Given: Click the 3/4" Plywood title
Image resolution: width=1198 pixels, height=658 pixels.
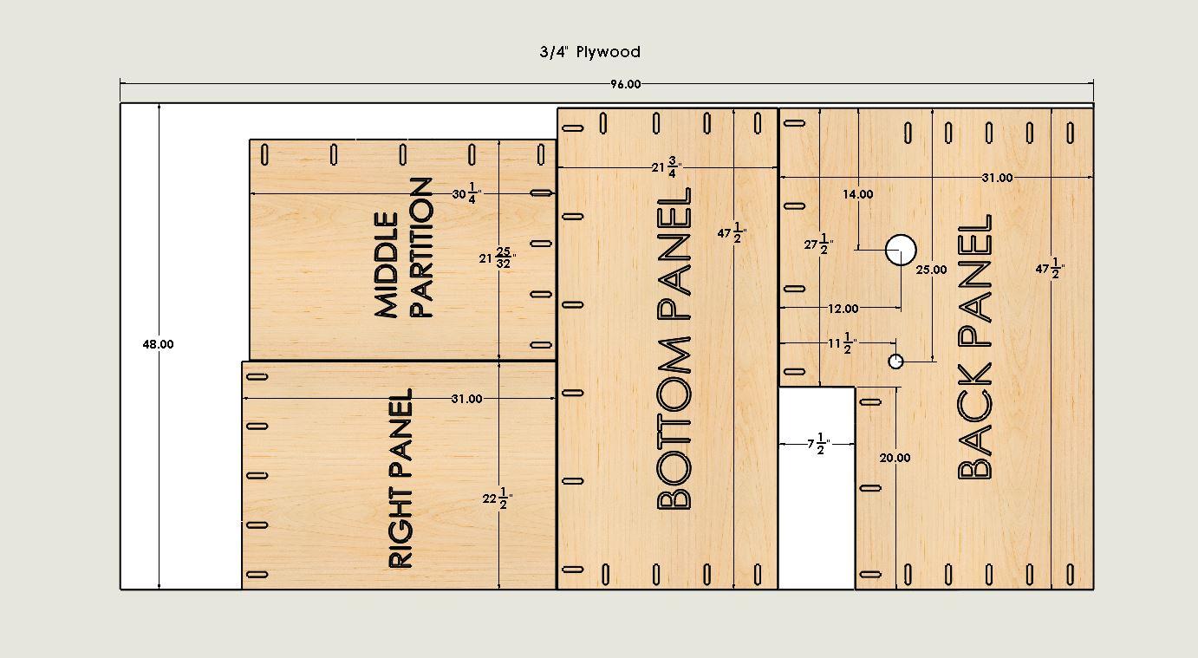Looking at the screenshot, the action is [590, 52].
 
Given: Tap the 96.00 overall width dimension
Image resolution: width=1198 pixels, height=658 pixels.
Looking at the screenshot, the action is [626, 84].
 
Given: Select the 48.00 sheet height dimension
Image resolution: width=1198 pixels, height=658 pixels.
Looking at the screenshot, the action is [159, 344].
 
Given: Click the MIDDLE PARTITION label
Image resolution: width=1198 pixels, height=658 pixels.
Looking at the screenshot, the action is [403, 248].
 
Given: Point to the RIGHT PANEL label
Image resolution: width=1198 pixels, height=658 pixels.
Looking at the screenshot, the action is [400, 479].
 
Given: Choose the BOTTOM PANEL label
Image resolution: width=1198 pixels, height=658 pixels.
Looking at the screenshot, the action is [674, 349].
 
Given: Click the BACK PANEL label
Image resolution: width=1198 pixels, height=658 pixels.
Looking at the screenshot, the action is [974, 347].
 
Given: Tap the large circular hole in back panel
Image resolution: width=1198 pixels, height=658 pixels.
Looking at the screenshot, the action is [901, 250].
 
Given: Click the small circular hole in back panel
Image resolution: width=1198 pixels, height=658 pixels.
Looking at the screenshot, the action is [895, 362].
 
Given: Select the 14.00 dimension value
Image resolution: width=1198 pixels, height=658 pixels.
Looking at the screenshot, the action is [858, 194].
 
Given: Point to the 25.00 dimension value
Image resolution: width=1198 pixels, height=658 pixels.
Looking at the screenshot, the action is [931, 270].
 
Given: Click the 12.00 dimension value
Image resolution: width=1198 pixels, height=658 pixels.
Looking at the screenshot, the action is [843, 309].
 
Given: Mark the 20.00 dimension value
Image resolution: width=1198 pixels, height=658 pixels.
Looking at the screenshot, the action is [895, 458].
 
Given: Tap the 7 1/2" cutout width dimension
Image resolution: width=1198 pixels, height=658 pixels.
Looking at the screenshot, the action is [818, 444].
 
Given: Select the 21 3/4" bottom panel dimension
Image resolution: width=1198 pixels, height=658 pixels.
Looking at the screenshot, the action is [667, 167].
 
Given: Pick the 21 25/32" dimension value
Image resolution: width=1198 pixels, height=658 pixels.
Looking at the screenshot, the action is [498, 257].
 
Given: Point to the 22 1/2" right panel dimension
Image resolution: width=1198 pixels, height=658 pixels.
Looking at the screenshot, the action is [498, 498].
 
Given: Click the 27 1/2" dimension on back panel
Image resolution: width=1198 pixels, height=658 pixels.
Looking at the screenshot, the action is [818, 244].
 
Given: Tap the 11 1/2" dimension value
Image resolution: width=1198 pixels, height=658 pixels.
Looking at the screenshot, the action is [843, 343].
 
